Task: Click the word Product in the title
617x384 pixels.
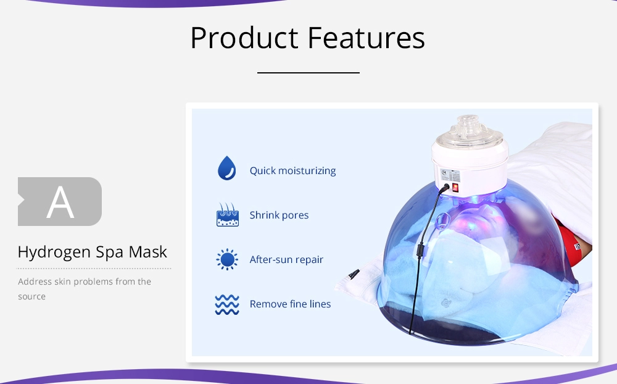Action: (244, 38)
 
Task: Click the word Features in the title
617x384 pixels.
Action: (366, 38)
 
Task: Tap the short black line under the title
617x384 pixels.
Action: (308, 73)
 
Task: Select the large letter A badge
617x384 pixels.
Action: (60, 202)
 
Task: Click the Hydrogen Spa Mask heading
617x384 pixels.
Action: (93, 252)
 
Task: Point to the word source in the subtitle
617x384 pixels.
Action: (31, 296)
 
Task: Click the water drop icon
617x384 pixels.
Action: (226, 168)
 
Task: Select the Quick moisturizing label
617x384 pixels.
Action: (292, 170)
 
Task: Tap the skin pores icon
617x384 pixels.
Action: (227, 215)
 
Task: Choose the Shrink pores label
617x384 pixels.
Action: (279, 215)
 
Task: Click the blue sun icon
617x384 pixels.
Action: (227, 260)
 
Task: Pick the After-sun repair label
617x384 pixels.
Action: (286, 260)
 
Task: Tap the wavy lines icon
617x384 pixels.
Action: (227, 304)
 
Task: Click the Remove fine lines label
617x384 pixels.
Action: (290, 304)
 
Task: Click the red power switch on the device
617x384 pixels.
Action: (455, 186)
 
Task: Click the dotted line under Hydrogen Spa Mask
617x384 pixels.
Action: (94, 269)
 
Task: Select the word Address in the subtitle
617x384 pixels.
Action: (35, 282)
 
